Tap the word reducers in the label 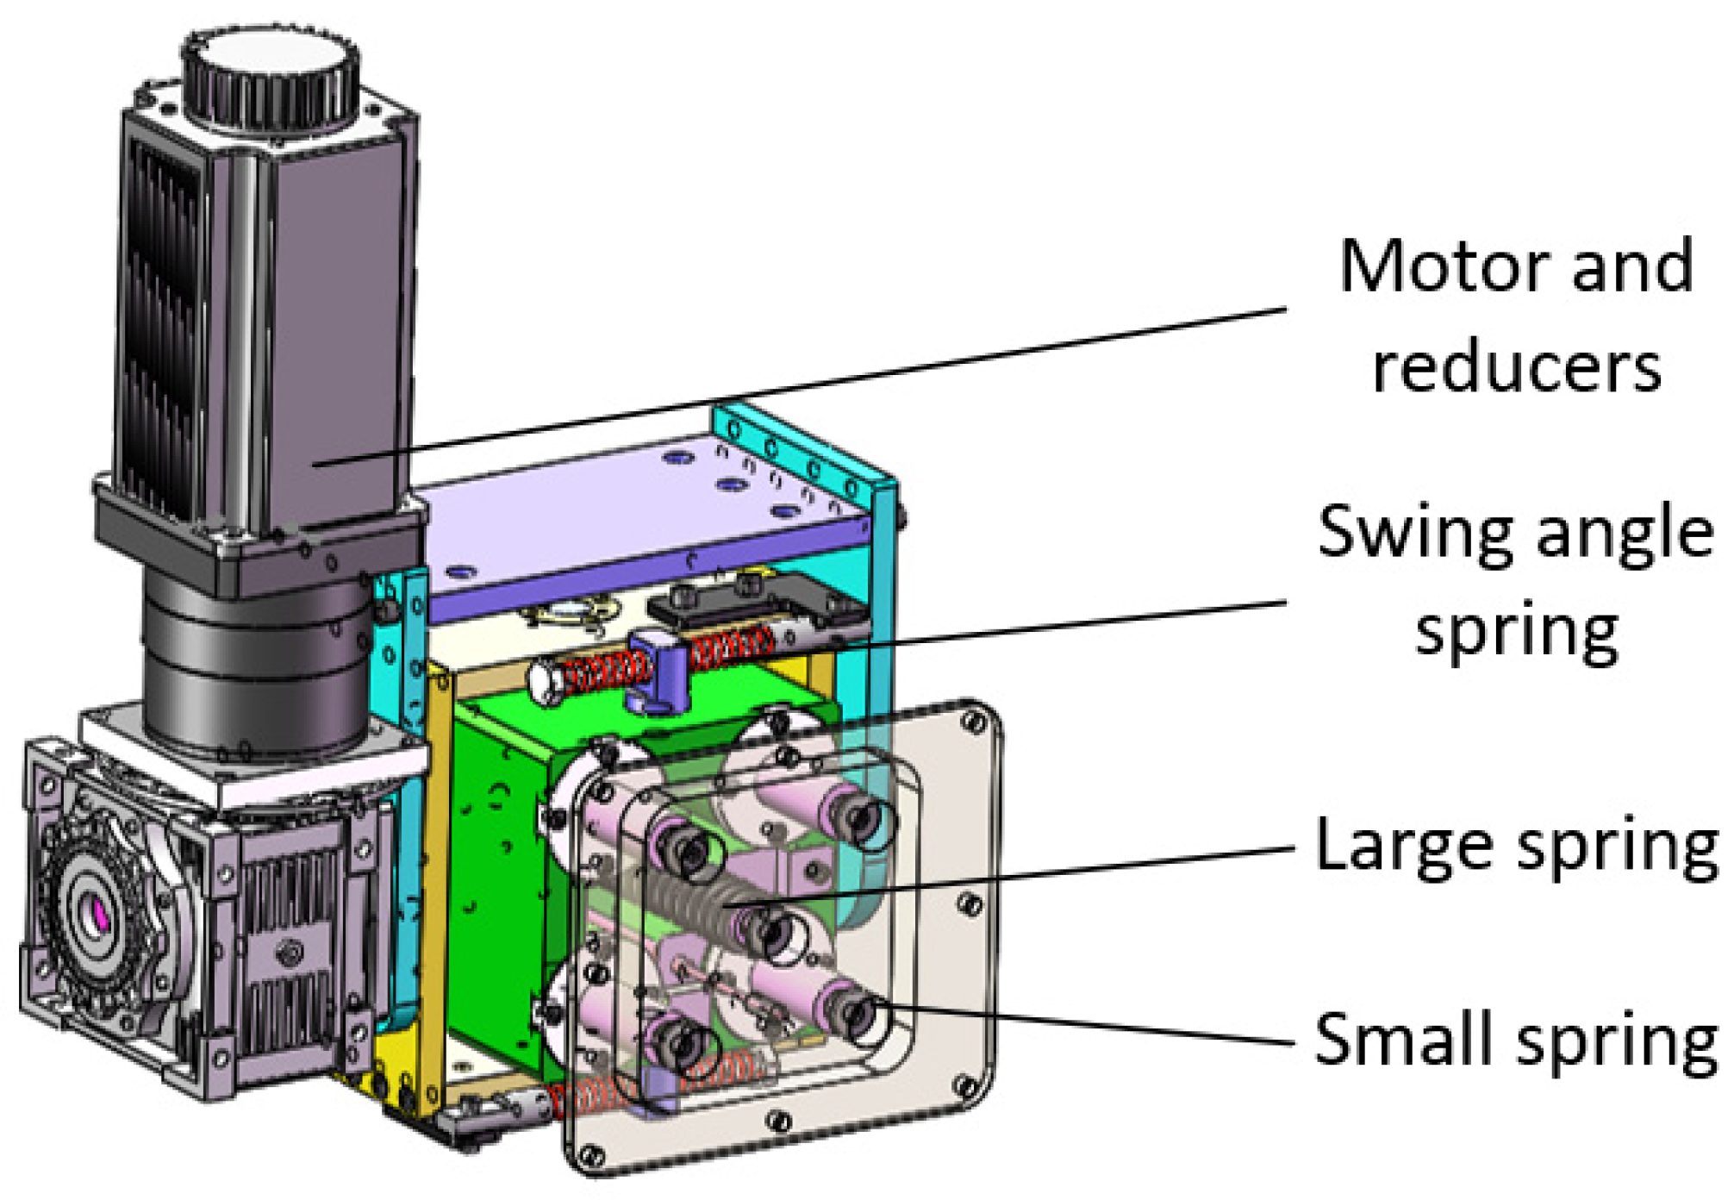(1517, 369)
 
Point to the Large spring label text (1517, 849)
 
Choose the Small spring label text (1517, 1043)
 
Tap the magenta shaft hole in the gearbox (99, 914)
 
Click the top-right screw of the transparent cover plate (974, 720)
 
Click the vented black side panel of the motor (164, 328)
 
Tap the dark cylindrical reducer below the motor (259, 664)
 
